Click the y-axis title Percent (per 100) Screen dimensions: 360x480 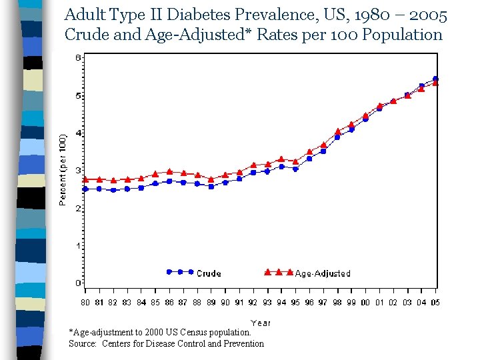(63, 171)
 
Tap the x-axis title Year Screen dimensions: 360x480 (261, 323)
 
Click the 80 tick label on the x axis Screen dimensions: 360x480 (85, 303)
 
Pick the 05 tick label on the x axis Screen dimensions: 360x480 (435, 303)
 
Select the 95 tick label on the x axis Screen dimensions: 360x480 (295, 303)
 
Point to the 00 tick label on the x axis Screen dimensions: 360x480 (365, 303)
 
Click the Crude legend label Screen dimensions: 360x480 (209, 273)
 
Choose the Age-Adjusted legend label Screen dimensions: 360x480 (322, 273)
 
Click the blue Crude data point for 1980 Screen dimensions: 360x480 (85, 189)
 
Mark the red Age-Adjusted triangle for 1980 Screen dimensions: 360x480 (85, 179)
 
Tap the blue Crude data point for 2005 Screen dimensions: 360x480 (435, 79)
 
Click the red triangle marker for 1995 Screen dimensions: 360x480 (295, 161)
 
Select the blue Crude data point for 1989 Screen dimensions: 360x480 (211, 187)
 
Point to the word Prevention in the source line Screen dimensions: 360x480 (242, 344)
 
